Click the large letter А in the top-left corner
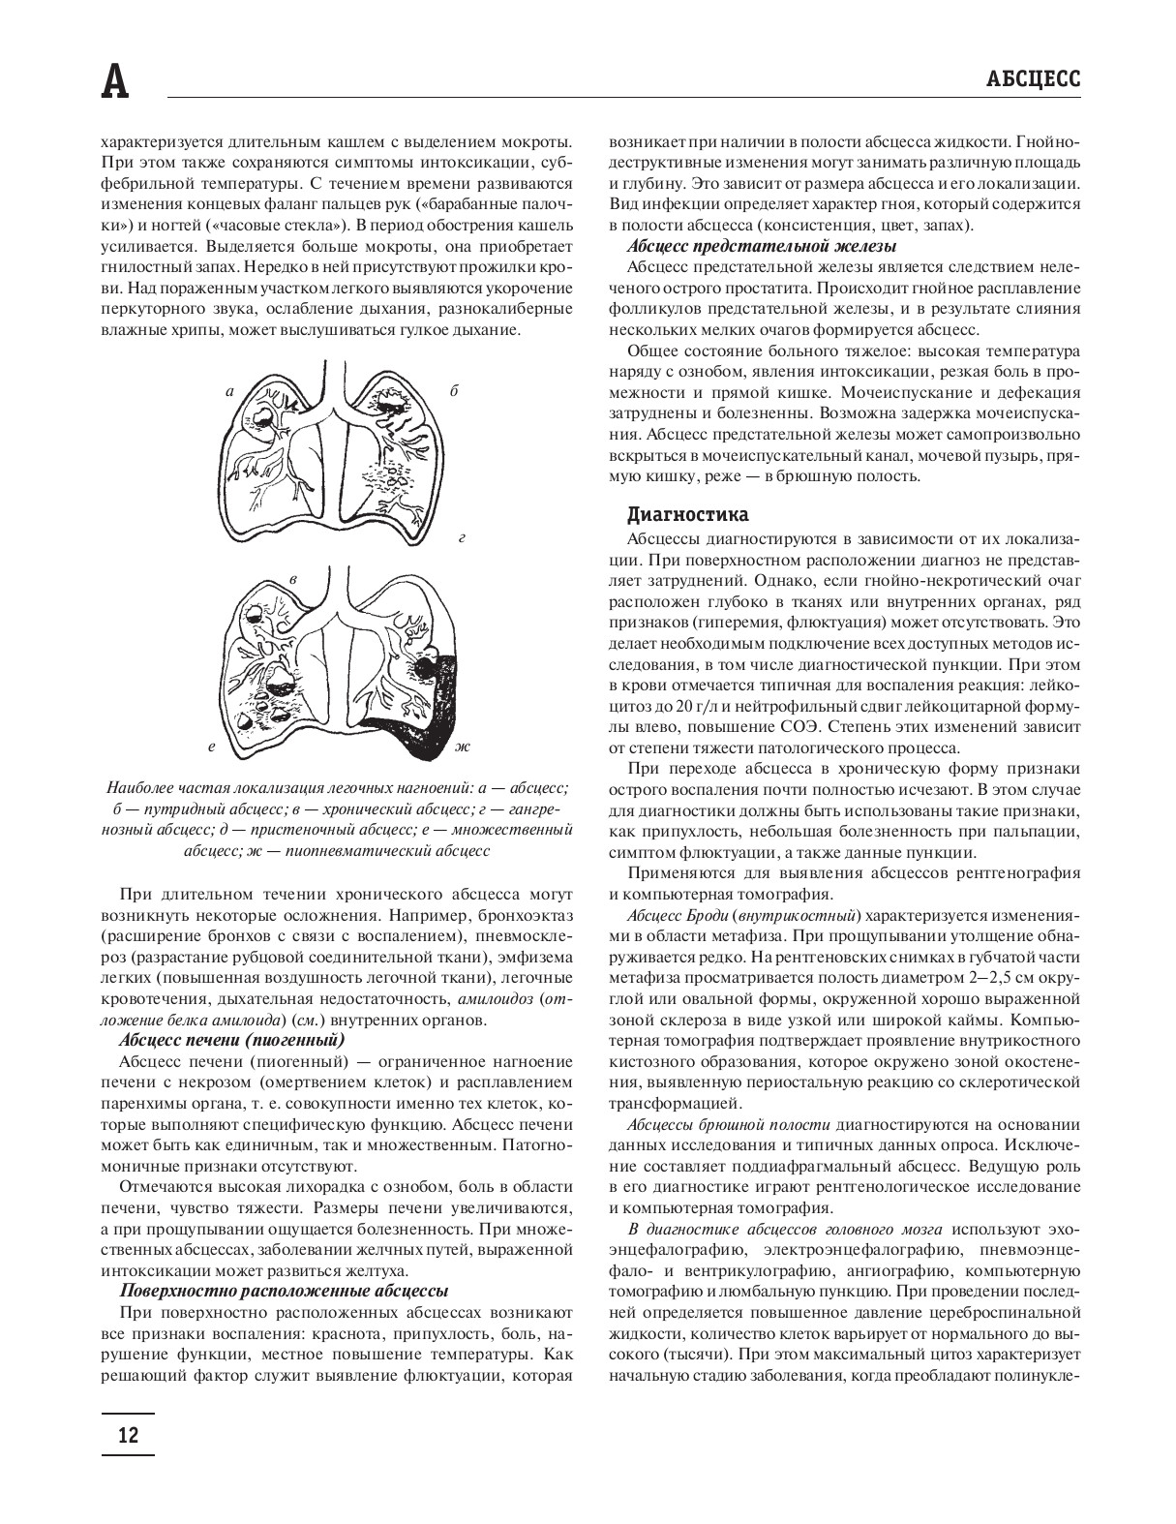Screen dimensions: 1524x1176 (x=115, y=82)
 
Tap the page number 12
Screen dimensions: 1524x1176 (x=127, y=1434)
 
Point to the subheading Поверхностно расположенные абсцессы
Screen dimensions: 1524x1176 (x=284, y=1291)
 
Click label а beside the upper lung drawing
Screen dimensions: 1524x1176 (x=229, y=392)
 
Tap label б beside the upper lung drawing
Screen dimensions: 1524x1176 (x=453, y=391)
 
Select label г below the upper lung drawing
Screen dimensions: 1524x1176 (x=462, y=535)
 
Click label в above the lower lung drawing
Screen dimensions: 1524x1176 (x=293, y=578)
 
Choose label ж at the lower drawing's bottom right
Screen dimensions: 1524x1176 (x=462, y=748)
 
